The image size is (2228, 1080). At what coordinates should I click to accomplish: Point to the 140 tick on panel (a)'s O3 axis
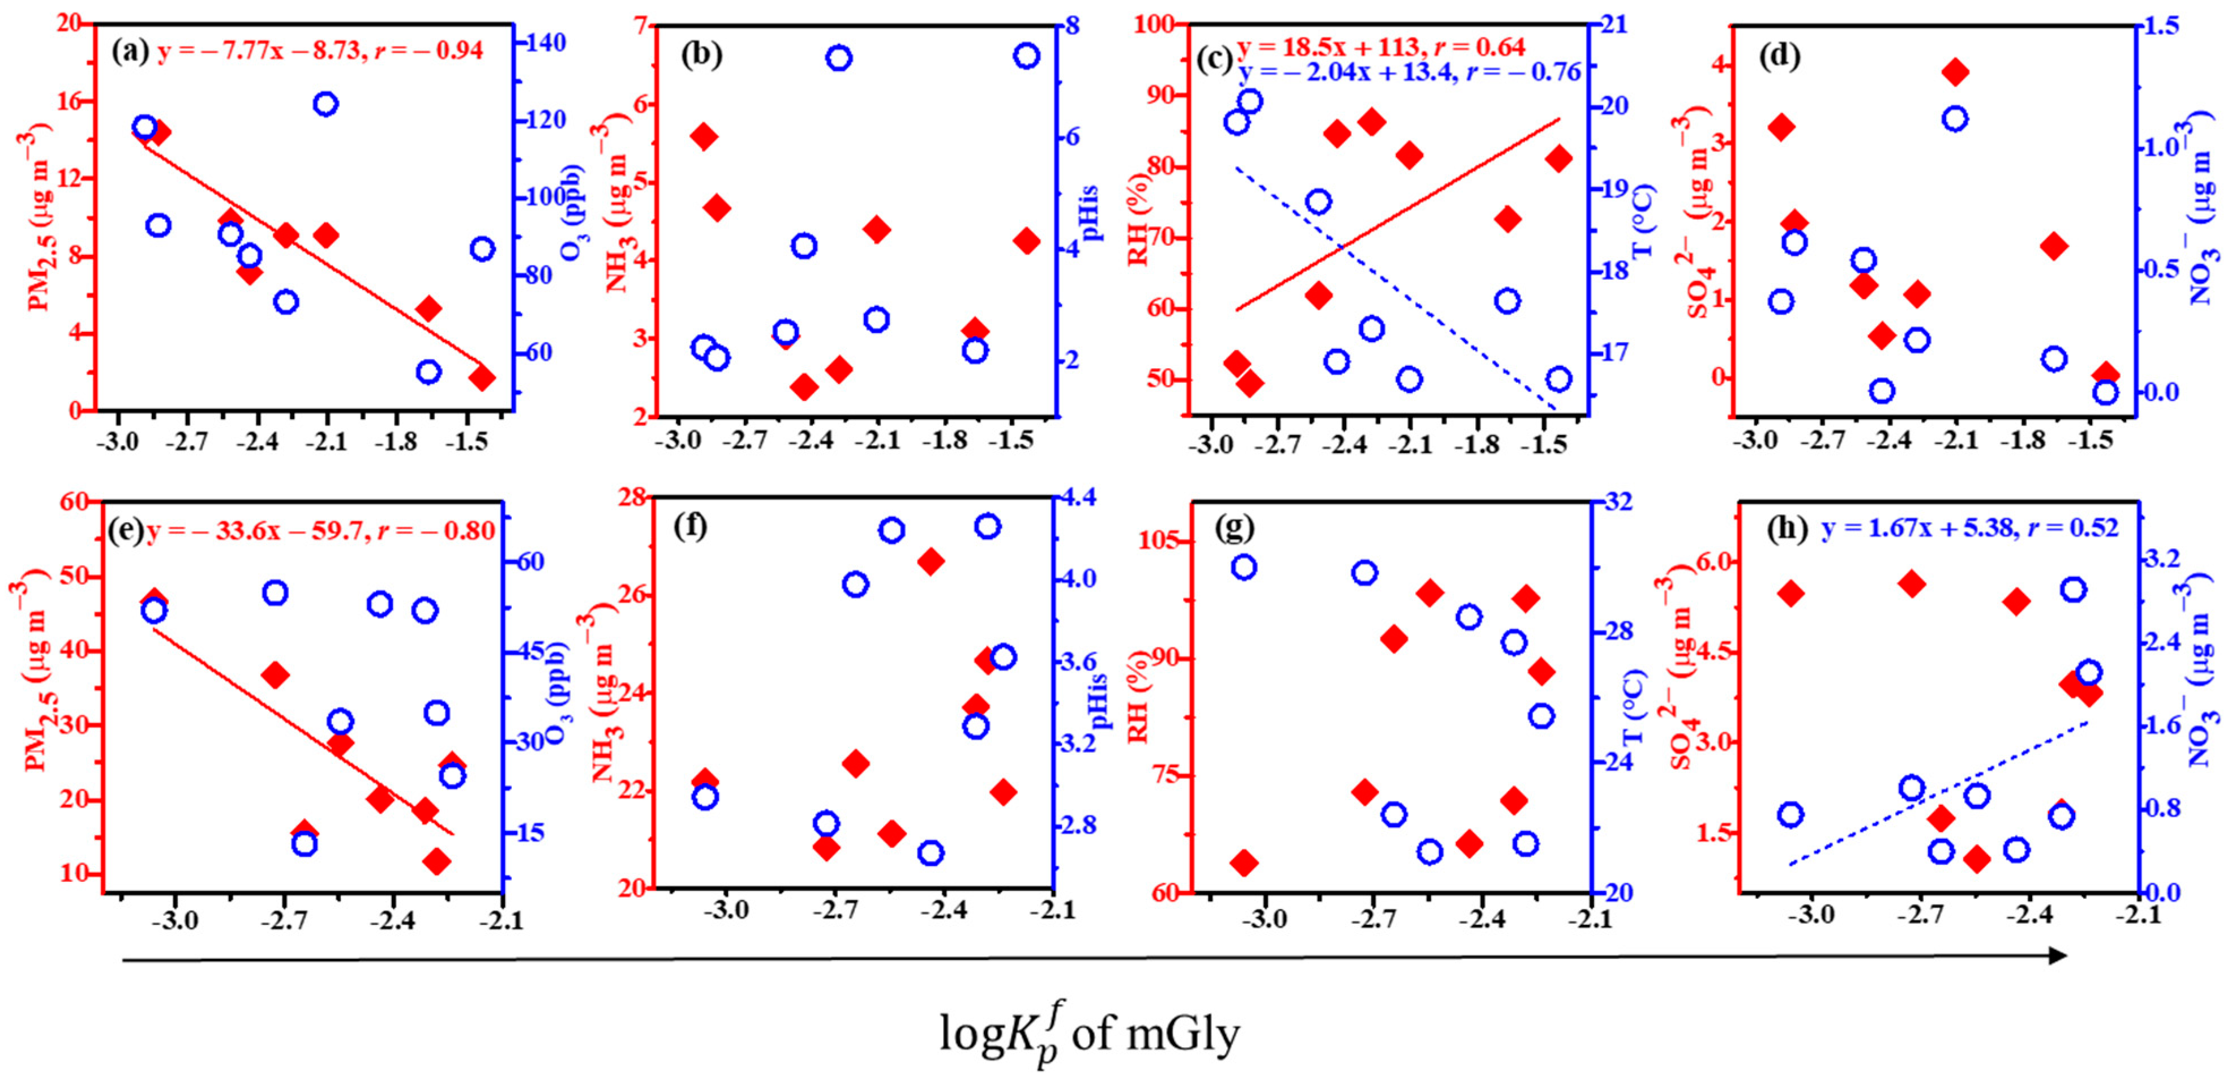[x=547, y=42]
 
